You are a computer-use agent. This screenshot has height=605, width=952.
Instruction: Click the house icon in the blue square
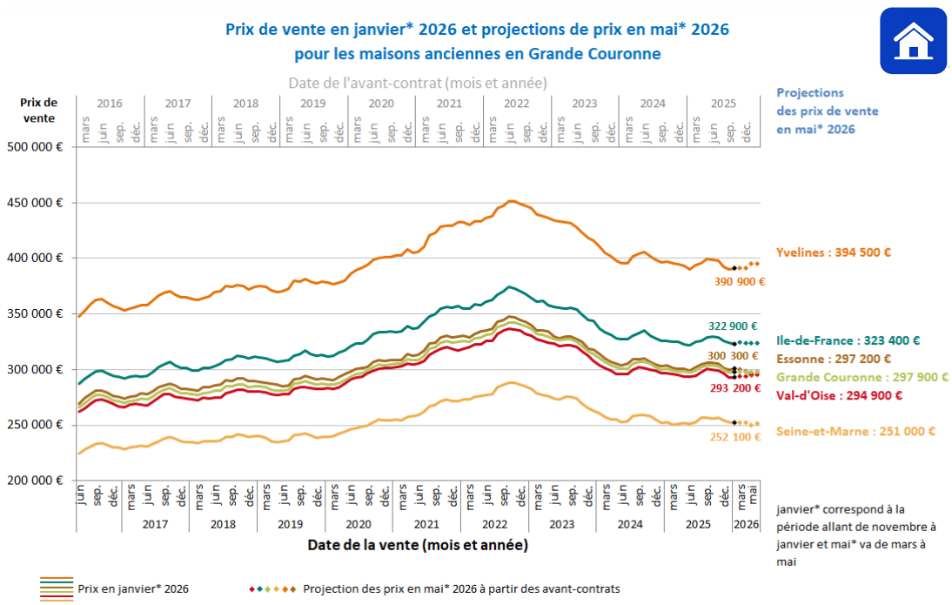913,41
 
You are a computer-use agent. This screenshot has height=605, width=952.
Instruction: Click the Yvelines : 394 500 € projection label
834,252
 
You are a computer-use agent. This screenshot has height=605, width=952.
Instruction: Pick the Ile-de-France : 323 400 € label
848,341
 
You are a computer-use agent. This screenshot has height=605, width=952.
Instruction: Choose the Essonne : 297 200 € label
834,359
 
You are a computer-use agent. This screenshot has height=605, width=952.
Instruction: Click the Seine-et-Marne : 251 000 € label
855,431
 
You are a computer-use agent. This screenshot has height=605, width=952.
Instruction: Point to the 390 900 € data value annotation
738,281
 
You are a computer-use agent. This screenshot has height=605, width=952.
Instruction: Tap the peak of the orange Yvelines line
512,201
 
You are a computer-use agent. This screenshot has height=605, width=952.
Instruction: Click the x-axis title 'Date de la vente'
417,546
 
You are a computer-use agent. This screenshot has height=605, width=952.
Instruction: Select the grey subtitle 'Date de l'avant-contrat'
417,83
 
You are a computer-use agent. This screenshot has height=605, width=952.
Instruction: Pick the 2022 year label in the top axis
517,103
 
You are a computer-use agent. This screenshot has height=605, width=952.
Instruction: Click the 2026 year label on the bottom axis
746,525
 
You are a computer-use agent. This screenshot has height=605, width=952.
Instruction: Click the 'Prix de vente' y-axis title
40,111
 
